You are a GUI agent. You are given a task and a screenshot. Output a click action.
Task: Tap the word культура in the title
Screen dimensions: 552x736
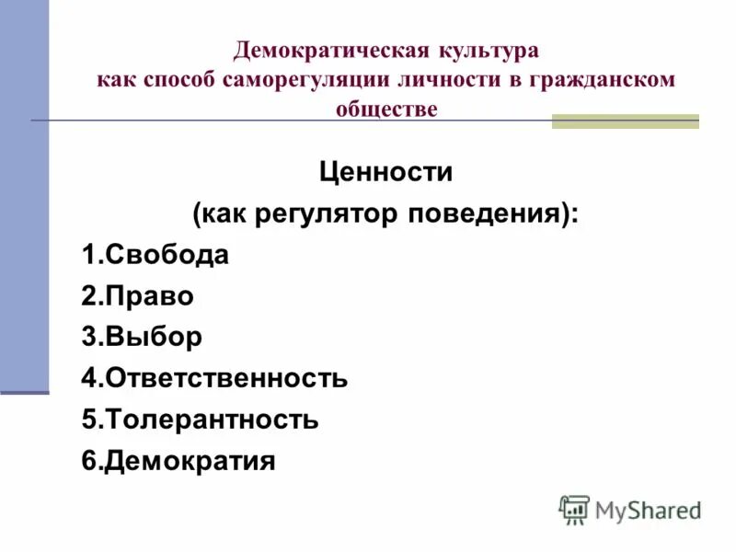coord(490,49)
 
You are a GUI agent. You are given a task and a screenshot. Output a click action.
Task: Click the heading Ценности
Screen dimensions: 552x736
coord(385,171)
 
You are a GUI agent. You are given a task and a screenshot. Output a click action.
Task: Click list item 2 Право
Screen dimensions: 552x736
coord(138,296)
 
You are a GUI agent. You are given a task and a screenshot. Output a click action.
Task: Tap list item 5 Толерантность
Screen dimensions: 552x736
coord(200,420)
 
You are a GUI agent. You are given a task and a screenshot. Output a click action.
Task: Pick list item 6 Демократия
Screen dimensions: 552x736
coord(178,460)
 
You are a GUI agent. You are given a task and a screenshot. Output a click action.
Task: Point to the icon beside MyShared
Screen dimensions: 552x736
coord(574,510)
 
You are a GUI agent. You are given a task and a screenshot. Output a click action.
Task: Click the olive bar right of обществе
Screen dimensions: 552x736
coord(625,121)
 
